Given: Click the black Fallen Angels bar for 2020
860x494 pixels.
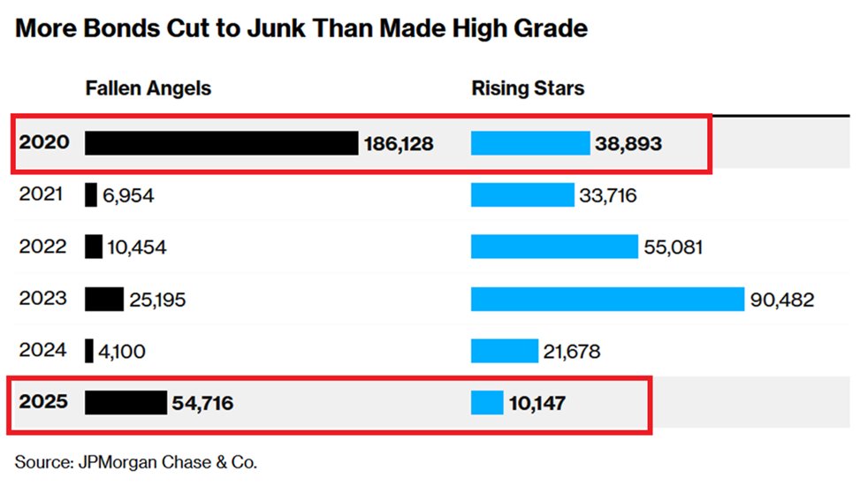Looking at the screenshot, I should coord(221,143).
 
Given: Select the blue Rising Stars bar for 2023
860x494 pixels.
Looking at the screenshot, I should coord(607,299).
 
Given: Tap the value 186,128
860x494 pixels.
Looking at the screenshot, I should coord(399,143).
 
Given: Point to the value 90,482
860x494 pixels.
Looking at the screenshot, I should coord(781,300).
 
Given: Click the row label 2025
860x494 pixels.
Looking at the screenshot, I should coord(43,403).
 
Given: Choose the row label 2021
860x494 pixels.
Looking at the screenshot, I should coord(42,194).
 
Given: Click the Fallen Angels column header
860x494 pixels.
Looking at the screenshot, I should coord(148,88).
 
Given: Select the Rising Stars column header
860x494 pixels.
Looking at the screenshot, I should coord(527,88).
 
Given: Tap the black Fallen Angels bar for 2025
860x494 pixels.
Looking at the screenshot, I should coord(126,403).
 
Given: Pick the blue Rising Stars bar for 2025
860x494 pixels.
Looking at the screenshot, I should coord(487,403).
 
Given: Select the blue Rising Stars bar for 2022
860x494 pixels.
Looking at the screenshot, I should coord(554,247).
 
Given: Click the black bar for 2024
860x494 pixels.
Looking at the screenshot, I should coord(89,351).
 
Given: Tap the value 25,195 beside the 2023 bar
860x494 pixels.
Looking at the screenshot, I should coord(157,300).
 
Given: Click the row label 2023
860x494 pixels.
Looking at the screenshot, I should coord(42,299).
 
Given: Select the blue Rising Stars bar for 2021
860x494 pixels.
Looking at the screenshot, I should coord(522,194).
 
